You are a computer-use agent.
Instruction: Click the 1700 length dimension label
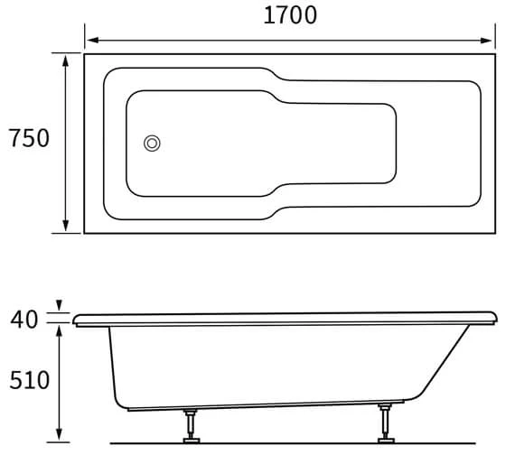(289, 15)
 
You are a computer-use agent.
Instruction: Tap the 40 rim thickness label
(25, 318)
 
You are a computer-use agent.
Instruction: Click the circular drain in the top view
(153, 142)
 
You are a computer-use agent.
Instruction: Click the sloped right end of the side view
(443, 366)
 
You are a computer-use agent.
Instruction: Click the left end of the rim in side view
(76, 319)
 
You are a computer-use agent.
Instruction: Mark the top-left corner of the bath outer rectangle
(85, 54)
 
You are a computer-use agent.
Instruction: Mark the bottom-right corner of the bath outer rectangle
(495, 233)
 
